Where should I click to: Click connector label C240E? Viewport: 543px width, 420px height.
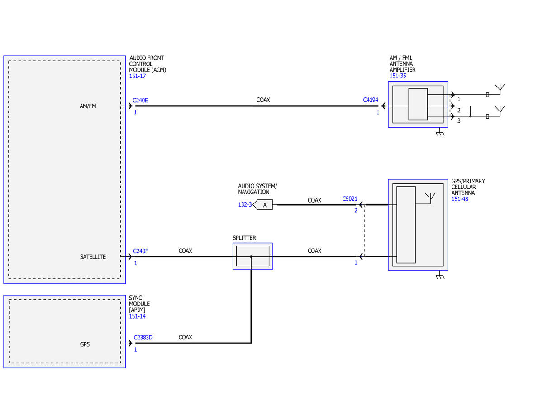pos(140,100)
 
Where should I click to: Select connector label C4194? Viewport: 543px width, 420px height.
pos(370,100)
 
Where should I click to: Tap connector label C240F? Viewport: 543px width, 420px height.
pos(140,251)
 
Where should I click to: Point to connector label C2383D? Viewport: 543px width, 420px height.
pos(143,338)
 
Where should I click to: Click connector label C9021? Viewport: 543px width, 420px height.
pos(350,198)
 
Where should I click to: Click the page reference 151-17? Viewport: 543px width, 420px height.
pos(137,76)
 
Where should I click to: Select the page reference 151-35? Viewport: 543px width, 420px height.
pos(398,76)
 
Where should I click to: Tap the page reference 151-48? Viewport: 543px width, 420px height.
pos(460,199)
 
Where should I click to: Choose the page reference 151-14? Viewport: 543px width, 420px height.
pos(137,316)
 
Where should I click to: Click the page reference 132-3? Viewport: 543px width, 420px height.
pos(245,205)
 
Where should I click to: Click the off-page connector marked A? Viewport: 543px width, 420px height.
pos(262,205)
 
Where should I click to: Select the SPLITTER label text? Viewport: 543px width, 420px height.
pos(244,238)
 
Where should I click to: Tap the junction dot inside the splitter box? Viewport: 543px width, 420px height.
pos(251,256)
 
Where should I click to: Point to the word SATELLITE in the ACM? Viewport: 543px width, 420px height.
pos(93,256)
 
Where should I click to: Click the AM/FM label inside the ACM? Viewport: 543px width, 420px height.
pos(88,106)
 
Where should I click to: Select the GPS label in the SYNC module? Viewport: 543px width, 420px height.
pos(85,344)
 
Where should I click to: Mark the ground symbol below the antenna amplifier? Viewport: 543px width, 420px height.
pos(440,132)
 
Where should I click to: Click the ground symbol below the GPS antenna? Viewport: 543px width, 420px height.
pos(440,275)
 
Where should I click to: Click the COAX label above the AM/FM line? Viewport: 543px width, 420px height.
pos(263,100)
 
